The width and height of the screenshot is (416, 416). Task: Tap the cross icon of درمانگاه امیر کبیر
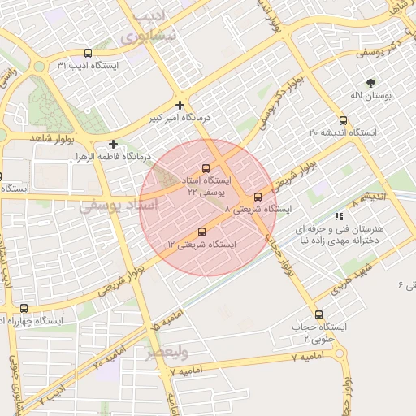tap(180, 105)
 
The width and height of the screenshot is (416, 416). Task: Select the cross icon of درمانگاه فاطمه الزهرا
tap(113, 143)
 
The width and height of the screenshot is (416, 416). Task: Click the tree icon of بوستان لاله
tap(371, 82)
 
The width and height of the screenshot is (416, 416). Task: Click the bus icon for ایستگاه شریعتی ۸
tap(258, 196)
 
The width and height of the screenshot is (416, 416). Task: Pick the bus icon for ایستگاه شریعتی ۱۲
tap(202, 232)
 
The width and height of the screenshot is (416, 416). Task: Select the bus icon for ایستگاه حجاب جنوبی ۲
tap(318, 314)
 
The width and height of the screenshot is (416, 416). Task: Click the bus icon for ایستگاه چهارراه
tap(24, 309)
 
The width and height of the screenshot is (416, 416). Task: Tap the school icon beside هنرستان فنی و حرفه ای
tap(339, 216)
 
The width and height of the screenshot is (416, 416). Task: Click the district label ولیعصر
tap(167, 353)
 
